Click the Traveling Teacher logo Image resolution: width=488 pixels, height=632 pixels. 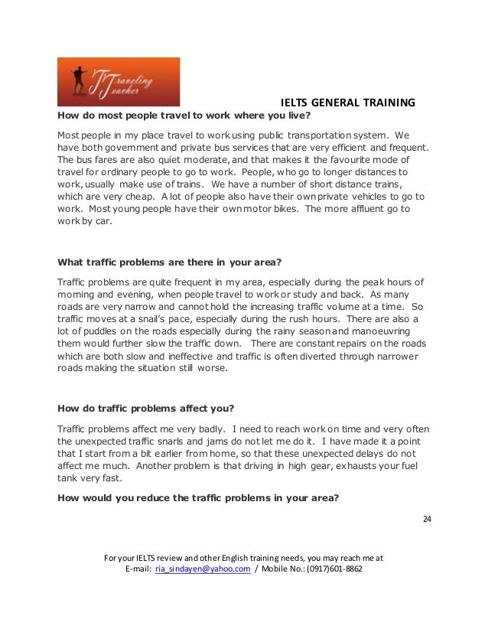coord(119,82)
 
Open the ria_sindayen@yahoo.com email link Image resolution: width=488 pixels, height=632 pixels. coord(203,570)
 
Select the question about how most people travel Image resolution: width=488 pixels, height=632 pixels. coord(184,116)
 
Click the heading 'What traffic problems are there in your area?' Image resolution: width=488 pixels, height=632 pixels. coord(175,260)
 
